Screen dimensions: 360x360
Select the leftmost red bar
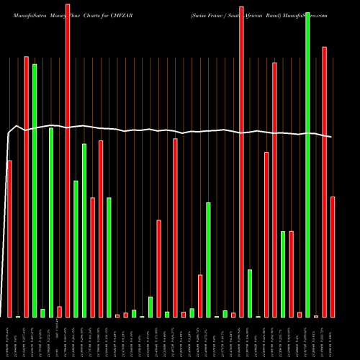pyautogui.click(x=9, y=238)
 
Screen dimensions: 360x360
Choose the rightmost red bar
pyautogui.click(x=333, y=256)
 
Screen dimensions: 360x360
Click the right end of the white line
pyautogui.click(x=332, y=137)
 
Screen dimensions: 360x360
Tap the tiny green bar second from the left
pyautogui.click(x=42, y=312)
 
